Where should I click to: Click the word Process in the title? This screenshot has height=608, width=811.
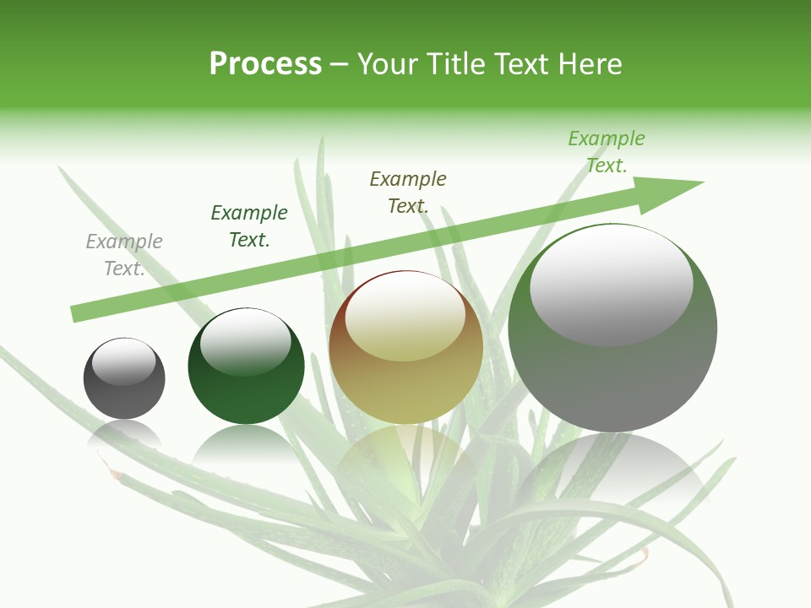pos(265,64)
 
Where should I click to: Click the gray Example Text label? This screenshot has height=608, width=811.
pos(124,255)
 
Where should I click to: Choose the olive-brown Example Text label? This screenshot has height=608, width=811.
pos(408,192)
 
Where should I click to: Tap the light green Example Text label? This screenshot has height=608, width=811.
pos(607,151)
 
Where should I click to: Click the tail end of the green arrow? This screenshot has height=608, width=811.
pos(78,313)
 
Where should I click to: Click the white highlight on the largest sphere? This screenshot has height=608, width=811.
pos(612,283)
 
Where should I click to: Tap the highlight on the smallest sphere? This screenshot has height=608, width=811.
pos(124,361)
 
